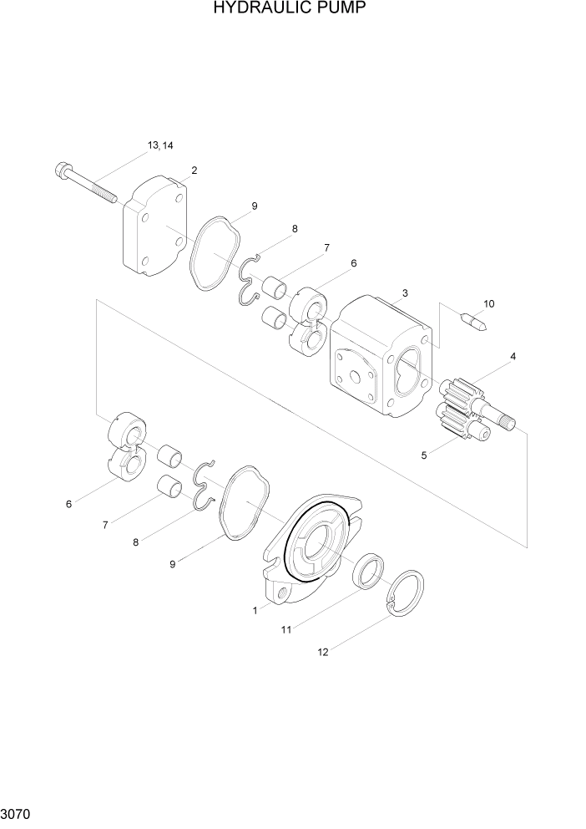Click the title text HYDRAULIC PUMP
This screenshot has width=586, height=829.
coord(290,9)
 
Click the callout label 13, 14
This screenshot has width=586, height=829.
coord(160,145)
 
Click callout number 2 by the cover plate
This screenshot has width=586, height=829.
coord(194,170)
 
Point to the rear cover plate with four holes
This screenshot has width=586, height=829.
coord(155,226)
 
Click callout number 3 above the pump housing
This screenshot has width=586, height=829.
coord(405,293)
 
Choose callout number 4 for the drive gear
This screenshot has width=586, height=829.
coord(513,357)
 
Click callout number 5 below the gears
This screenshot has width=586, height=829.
coord(424,455)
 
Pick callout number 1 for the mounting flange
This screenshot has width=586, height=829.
coord(255,611)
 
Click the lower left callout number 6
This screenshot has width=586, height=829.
coord(69,504)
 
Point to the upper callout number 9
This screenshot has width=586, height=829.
coord(254,206)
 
